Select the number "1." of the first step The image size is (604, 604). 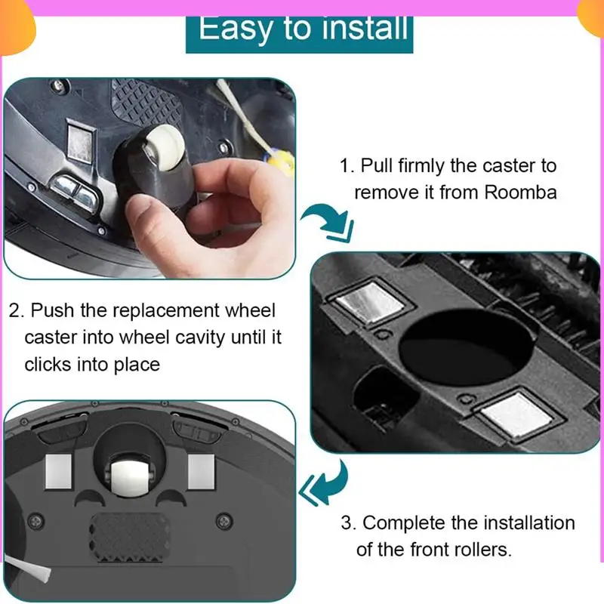tap(346, 165)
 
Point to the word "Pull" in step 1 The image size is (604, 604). tap(377, 165)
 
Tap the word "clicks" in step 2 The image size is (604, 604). tap(56, 364)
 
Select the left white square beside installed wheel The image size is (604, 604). tap(60, 472)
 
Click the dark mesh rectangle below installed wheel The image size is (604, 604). tap(133, 532)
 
